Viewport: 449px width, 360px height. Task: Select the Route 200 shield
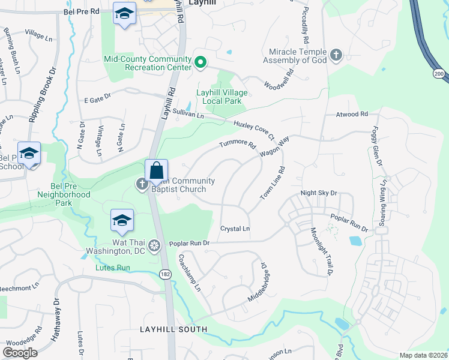[439, 73]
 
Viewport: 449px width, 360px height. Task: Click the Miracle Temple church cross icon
[336, 56]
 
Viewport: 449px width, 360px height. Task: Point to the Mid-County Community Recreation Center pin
[201, 61]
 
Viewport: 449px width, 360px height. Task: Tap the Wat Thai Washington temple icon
[154, 244]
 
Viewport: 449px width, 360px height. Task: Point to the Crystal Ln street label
[235, 229]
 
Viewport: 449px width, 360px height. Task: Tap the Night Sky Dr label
[319, 193]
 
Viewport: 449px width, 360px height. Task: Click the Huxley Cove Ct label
[253, 128]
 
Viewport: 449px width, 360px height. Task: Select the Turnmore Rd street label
[238, 145]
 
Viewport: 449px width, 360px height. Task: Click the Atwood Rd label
[352, 114]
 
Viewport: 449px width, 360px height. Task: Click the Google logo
[20, 352]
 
